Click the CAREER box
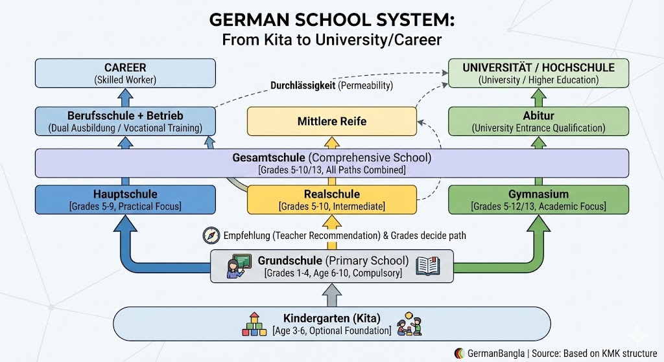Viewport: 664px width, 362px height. (125, 73)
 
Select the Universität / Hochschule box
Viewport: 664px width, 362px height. (538, 73)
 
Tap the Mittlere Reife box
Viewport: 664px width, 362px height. (332, 121)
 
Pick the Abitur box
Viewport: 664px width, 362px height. (538, 121)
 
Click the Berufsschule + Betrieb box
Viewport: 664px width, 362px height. (125, 121)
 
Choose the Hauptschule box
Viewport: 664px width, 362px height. (125, 199)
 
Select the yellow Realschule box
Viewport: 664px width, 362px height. (332, 199)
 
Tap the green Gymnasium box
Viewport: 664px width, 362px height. (538, 199)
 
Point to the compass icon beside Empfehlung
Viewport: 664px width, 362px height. (211, 236)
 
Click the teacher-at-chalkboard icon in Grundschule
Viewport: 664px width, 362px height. (238, 266)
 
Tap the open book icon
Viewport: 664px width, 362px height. (429, 266)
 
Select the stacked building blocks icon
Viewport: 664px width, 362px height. (254, 323)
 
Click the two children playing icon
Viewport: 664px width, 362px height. (410, 323)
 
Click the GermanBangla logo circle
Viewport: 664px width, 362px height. (459, 354)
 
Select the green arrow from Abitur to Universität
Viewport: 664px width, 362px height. (538, 98)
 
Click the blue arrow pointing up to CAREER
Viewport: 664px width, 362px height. (125, 98)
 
